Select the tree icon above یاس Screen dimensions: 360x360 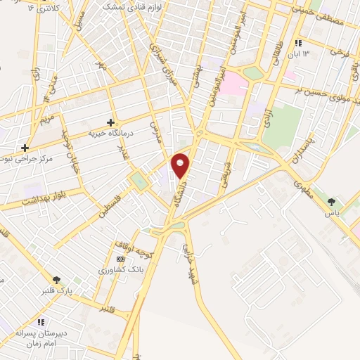pos(330,202)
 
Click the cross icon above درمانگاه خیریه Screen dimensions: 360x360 pos(110,122)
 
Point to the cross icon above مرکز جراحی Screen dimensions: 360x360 pos(25,148)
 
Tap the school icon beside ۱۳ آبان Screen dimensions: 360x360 pos(299,43)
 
